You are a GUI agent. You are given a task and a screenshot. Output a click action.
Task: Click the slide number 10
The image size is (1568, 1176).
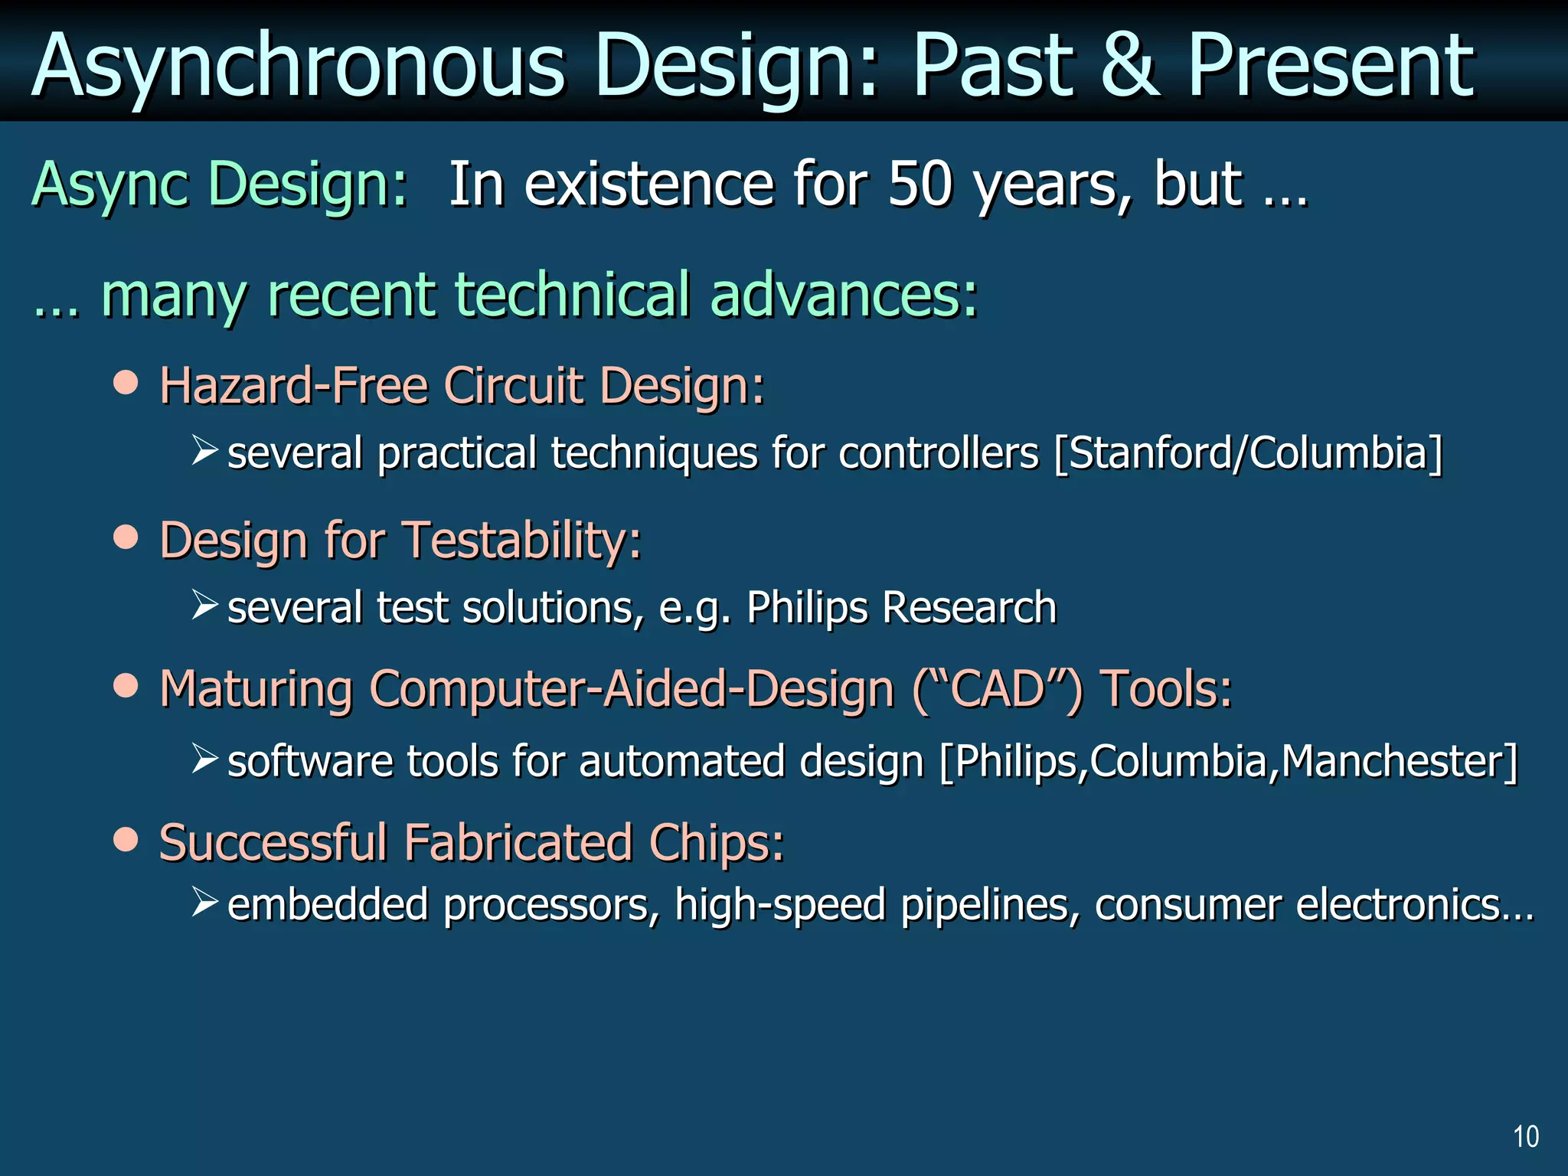[x=1526, y=1136]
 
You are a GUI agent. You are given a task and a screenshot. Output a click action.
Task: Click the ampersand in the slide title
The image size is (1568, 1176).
[x=1130, y=67]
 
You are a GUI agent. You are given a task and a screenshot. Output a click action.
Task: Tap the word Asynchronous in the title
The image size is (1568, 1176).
[x=299, y=67]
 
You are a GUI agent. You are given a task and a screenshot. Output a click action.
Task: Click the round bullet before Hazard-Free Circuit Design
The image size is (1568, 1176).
[x=126, y=381]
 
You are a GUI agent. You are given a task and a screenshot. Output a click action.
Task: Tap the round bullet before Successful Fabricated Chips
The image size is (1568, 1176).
[x=126, y=839]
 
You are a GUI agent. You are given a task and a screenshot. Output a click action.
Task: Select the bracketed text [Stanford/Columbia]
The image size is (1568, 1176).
[x=1248, y=452]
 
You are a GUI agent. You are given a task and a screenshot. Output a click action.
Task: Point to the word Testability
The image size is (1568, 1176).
[x=523, y=541]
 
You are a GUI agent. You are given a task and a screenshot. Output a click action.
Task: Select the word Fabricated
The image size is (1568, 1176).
[x=518, y=842]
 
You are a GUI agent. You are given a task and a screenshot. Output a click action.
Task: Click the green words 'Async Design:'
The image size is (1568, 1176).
[x=220, y=185]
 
